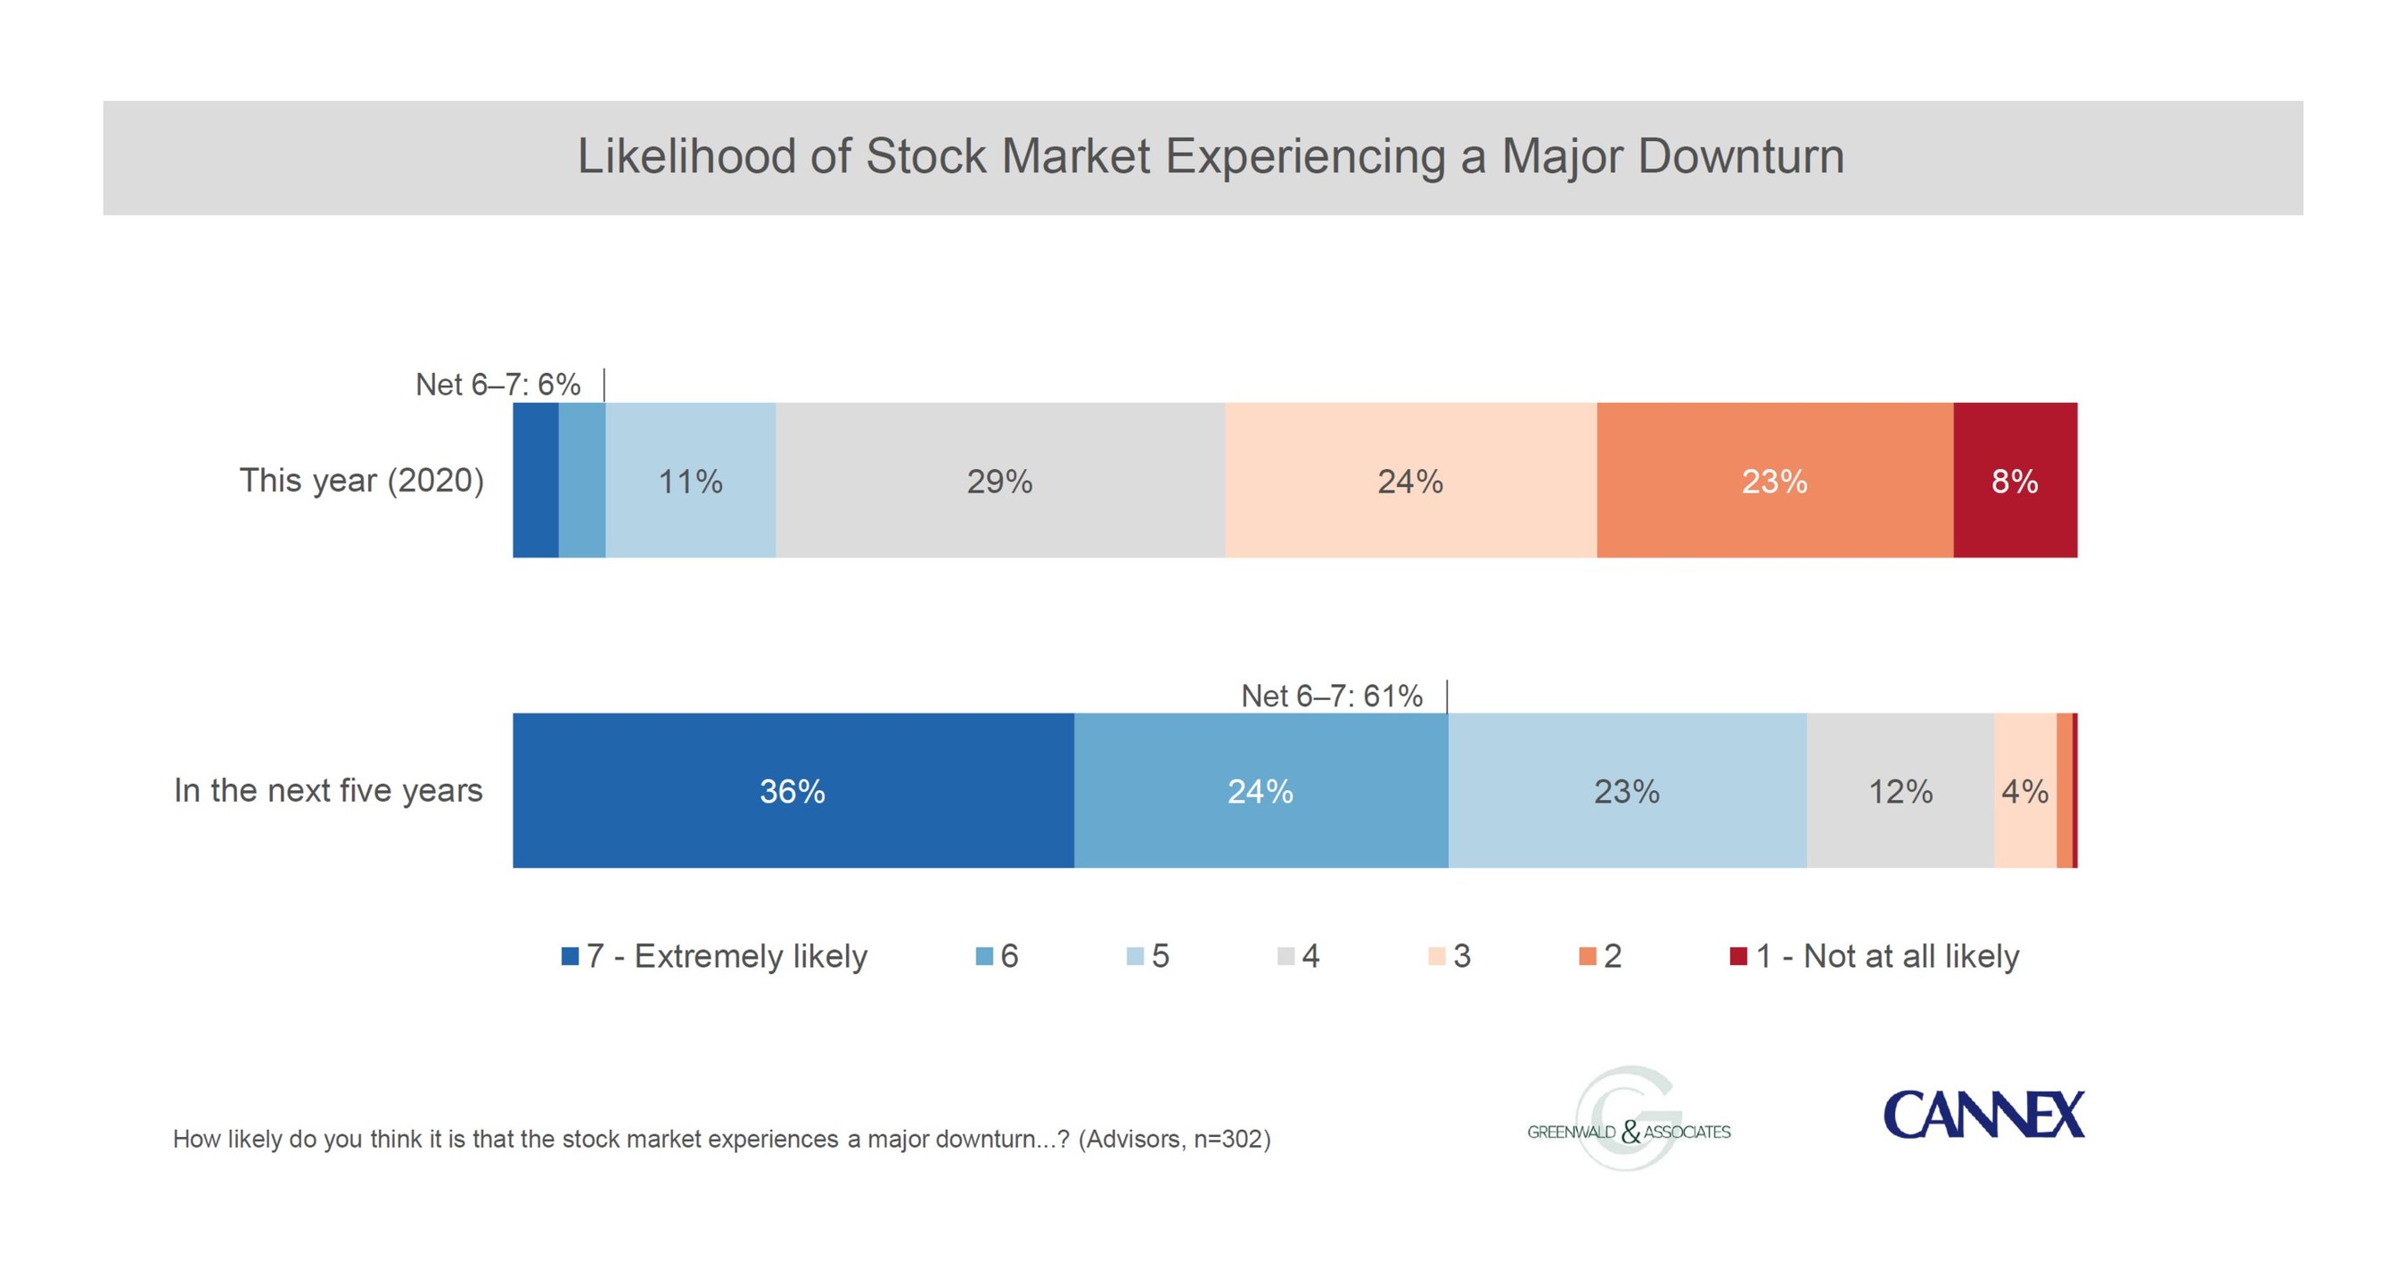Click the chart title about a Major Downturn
click(x=1211, y=156)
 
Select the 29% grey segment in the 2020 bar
click(x=1000, y=480)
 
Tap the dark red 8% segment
click(x=2016, y=480)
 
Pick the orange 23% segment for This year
click(x=1776, y=480)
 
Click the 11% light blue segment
click(x=690, y=480)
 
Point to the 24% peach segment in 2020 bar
click(x=1411, y=480)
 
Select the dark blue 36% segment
click(x=793, y=790)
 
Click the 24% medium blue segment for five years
click(x=1260, y=790)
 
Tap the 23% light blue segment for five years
click(x=1627, y=790)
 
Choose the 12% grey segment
click(x=1901, y=790)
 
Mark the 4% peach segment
click(x=2026, y=790)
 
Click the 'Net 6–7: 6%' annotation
click(x=497, y=383)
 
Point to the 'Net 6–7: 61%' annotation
click(x=1332, y=696)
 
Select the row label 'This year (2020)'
click(x=361, y=480)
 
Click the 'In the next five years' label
click(x=328, y=790)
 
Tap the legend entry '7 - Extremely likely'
click(x=715, y=955)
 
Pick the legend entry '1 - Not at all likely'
click(x=1875, y=955)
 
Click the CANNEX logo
click(x=1983, y=1115)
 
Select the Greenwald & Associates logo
click(x=1629, y=1119)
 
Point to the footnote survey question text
click(x=722, y=1139)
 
